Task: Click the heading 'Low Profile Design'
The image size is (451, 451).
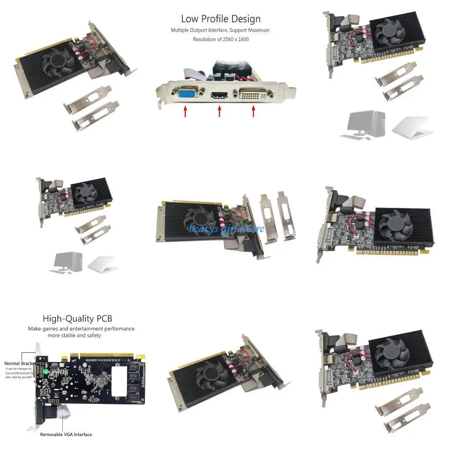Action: click(221, 19)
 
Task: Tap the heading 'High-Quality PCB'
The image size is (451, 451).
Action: click(74, 318)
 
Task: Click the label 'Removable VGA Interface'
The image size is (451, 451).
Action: click(66, 434)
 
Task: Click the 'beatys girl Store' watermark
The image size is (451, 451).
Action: click(226, 228)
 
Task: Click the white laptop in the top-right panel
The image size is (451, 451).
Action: click(410, 128)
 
